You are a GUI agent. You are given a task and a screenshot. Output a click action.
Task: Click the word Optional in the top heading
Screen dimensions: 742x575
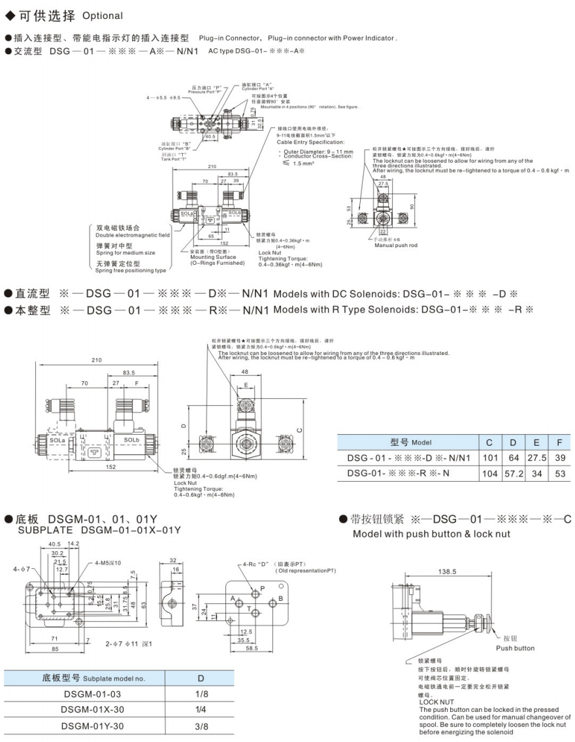103,15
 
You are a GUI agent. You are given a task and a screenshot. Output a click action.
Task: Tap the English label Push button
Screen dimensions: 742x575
515,649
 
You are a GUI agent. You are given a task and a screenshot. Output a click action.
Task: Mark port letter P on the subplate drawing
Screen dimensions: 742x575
263,588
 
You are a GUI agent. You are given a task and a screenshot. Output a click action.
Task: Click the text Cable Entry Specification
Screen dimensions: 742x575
310,142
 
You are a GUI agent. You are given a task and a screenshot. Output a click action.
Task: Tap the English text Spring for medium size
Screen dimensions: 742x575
125,252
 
